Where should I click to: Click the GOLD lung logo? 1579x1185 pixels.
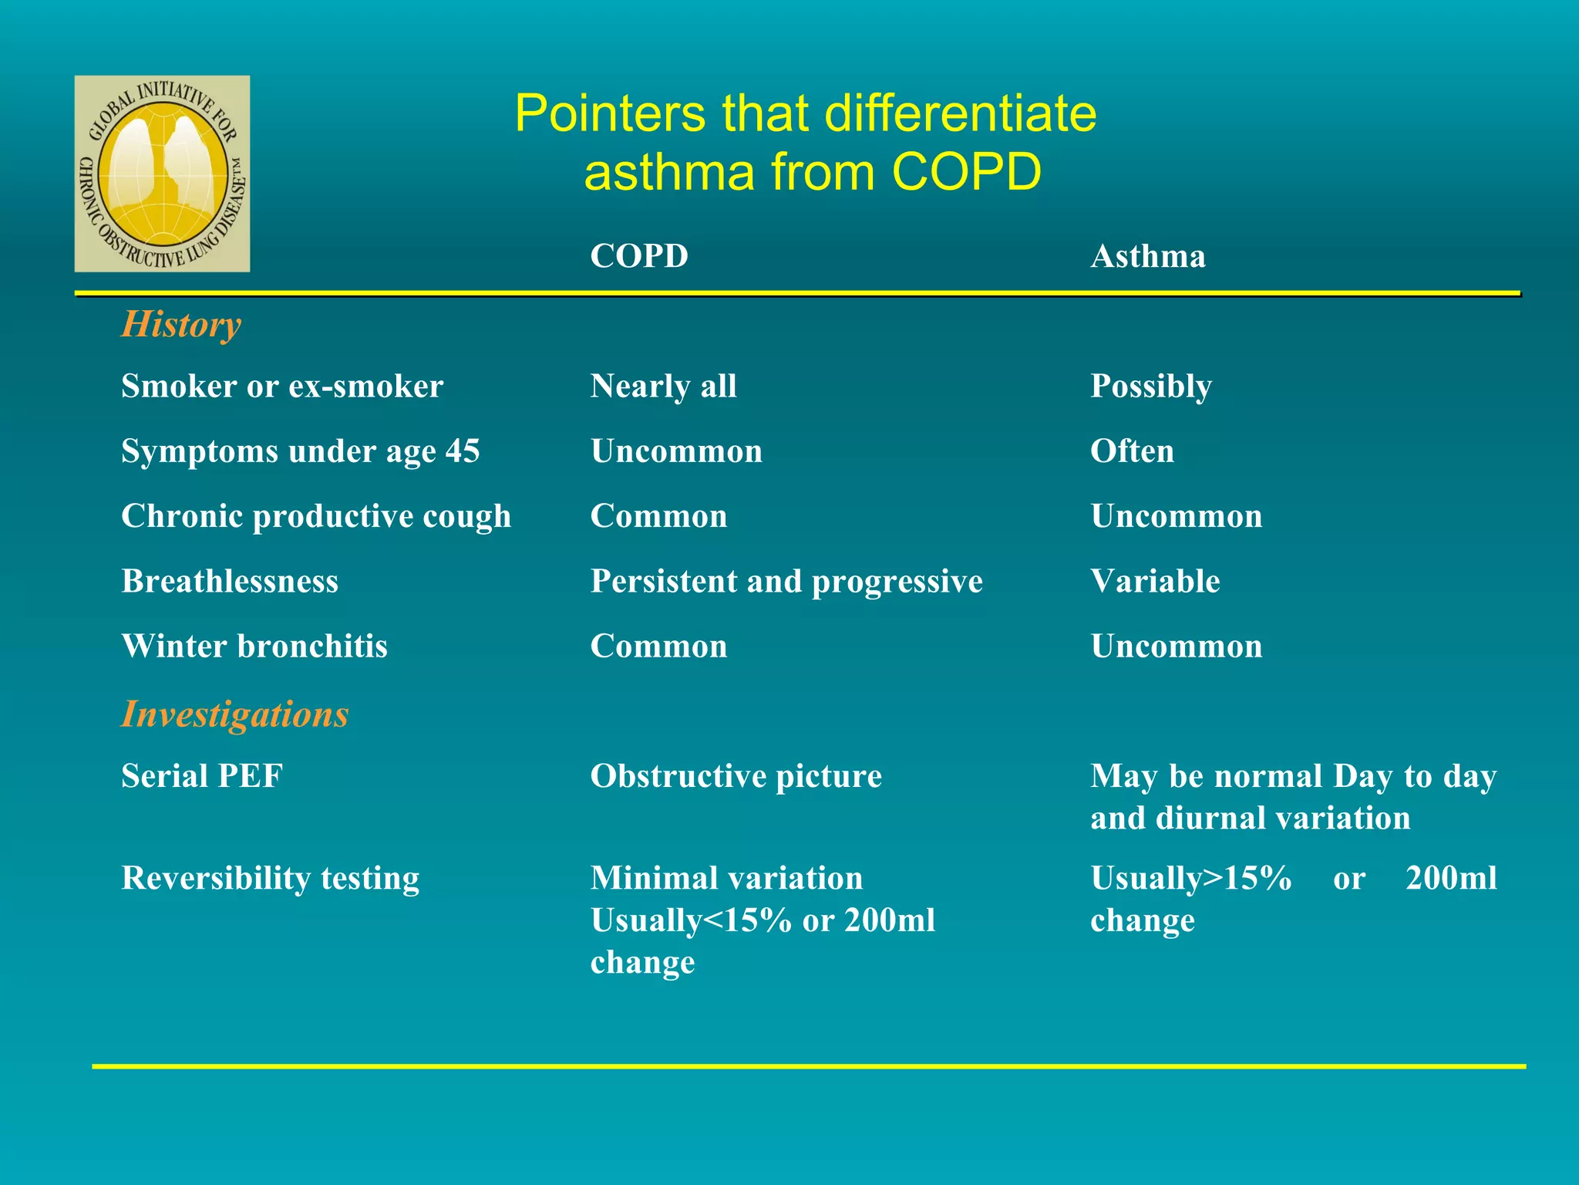(162, 174)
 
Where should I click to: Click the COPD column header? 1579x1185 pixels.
(638, 256)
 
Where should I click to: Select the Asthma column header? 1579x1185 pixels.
(1147, 256)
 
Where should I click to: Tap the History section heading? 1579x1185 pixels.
(181, 324)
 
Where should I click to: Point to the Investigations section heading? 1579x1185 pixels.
(234, 714)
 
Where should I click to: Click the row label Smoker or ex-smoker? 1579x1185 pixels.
(282, 386)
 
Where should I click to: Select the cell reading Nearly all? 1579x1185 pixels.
(663, 386)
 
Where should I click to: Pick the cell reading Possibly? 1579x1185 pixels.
(1150, 386)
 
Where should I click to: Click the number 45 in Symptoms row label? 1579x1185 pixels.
(463, 451)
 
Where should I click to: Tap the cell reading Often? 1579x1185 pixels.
(1132, 451)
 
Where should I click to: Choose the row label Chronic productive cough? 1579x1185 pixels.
(316, 516)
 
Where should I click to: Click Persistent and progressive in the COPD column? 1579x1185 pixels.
(786, 581)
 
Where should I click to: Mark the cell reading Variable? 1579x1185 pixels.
(1155, 581)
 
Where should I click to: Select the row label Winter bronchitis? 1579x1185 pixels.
(254, 646)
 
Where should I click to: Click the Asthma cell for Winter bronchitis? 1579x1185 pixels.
(1177, 646)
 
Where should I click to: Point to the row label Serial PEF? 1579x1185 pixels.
(202, 776)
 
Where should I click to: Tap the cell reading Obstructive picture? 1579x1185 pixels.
(736, 776)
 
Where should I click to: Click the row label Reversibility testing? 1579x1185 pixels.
(270, 878)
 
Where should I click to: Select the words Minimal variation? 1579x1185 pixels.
(726, 878)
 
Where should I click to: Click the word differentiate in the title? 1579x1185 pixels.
(960, 113)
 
